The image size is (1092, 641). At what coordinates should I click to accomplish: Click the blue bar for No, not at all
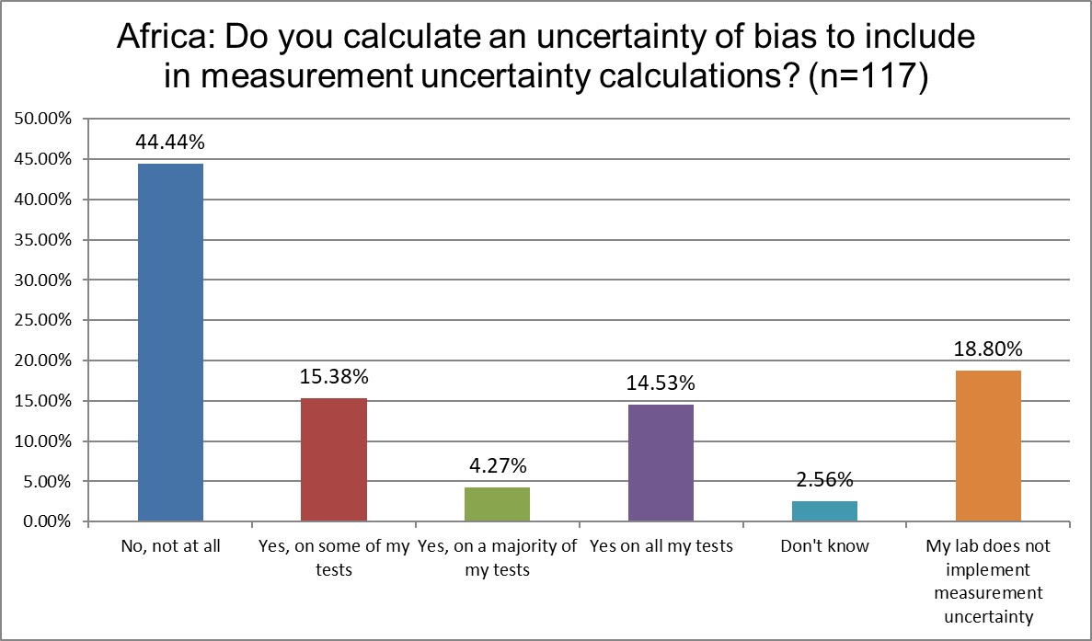pyautogui.click(x=170, y=342)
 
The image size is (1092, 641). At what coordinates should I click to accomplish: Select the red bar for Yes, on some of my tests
pyautogui.click(x=334, y=460)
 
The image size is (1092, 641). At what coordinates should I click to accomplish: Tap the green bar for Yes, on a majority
pyautogui.click(x=497, y=504)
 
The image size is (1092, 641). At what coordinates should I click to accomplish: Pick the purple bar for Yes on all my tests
pyautogui.click(x=661, y=463)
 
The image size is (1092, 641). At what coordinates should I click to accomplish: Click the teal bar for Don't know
pyautogui.click(x=824, y=511)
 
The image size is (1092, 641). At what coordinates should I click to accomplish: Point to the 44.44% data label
pyautogui.click(x=170, y=143)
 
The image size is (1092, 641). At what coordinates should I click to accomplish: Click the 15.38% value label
pyautogui.click(x=334, y=377)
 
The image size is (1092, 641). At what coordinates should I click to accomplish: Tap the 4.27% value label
pyautogui.click(x=497, y=466)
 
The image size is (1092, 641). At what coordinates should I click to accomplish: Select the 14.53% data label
pyautogui.click(x=661, y=383)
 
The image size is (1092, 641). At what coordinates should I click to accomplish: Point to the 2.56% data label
pyautogui.click(x=824, y=480)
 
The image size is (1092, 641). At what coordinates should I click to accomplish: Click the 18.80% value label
pyautogui.click(x=988, y=349)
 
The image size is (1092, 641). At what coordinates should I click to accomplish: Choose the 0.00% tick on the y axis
pyautogui.click(x=44, y=521)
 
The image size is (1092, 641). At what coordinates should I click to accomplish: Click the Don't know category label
pyautogui.click(x=824, y=546)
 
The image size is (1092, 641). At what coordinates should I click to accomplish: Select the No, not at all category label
pyautogui.click(x=170, y=546)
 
